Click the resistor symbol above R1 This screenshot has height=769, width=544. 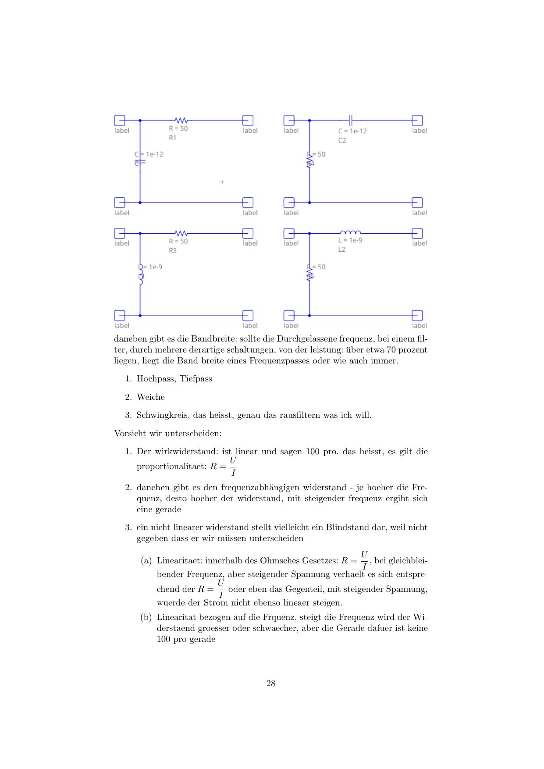[x=181, y=120]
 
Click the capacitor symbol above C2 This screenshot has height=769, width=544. [x=350, y=120]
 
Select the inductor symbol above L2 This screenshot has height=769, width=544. [x=350, y=232]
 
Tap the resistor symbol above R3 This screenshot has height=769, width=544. [x=181, y=233]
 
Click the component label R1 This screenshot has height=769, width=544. [x=173, y=138]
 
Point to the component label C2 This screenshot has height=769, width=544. [x=342, y=140]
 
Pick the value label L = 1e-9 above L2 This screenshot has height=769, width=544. [x=350, y=240]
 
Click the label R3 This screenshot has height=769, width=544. [x=173, y=250]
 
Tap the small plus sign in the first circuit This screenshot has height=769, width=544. [x=222, y=182]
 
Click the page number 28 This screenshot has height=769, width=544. [x=271, y=683]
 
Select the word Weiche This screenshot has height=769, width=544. [x=151, y=397]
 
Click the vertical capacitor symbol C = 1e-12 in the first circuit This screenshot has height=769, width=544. [x=140, y=162]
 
